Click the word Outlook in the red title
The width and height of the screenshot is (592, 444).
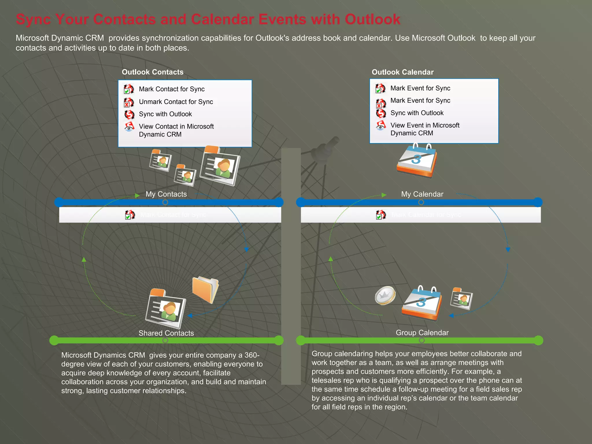pyautogui.click(x=372, y=20)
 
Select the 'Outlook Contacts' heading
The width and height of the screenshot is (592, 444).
pyautogui.click(x=153, y=72)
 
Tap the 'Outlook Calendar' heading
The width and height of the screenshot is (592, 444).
pyautogui.click(x=402, y=72)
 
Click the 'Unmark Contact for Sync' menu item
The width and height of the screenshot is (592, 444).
pyautogui.click(x=176, y=102)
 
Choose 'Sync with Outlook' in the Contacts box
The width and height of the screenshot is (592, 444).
pyautogui.click(x=165, y=114)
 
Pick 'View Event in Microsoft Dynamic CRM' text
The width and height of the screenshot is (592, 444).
pyautogui.click(x=425, y=129)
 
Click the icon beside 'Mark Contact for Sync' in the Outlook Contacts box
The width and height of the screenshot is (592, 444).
pyautogui.click(x=129, y=89)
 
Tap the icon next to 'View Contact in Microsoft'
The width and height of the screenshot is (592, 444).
pyautogui.click(x=129, y=127)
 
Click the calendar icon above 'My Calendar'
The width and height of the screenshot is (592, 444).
pyautogui.click(x=417, y=161)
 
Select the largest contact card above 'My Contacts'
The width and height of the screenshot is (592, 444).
pyautogui.click(x=221, y=166)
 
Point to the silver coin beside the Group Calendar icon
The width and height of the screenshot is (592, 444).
pyautogui.click(x=385, y=295)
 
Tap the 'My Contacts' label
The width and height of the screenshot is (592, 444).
pyautogui.click(x=166, y=194)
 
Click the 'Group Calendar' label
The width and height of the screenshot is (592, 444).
pyautogui.click(x=422, y=332)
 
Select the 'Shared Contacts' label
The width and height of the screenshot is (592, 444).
pyautogui.click(x=166, y=333)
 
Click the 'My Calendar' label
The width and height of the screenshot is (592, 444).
pyautogui.click(x=422, y=194)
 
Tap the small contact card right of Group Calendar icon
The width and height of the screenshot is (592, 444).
pyautogui.click(x=461, y=299)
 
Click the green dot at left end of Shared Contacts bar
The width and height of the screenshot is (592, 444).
pyautogui.click(x=54, y=340)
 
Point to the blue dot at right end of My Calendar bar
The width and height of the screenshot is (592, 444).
pyautogui.click(x=538, y=202)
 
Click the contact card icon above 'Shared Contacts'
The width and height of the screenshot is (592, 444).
pyautogui.click(x=166, y=308)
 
